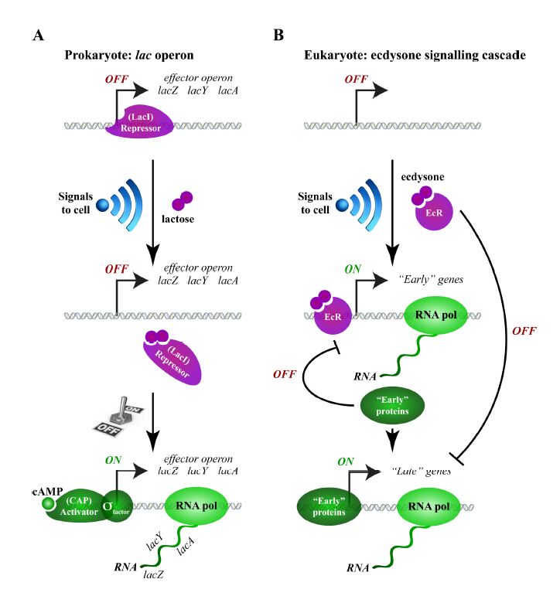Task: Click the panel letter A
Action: (x=38, y=35)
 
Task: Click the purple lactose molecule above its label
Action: (x=182, y=203)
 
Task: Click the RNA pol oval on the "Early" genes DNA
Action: (x=435, y=318)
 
